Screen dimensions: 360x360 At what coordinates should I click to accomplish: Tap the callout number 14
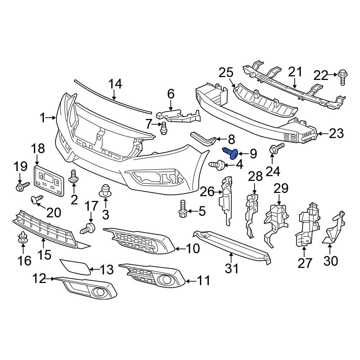point(116,84)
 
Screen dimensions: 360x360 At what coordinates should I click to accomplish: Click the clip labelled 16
point(23,238)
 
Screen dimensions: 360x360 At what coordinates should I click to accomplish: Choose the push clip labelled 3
point(105,190)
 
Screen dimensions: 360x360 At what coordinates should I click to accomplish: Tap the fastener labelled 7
point(164,128)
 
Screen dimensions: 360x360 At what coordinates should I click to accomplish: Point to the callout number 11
point(203,280)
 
